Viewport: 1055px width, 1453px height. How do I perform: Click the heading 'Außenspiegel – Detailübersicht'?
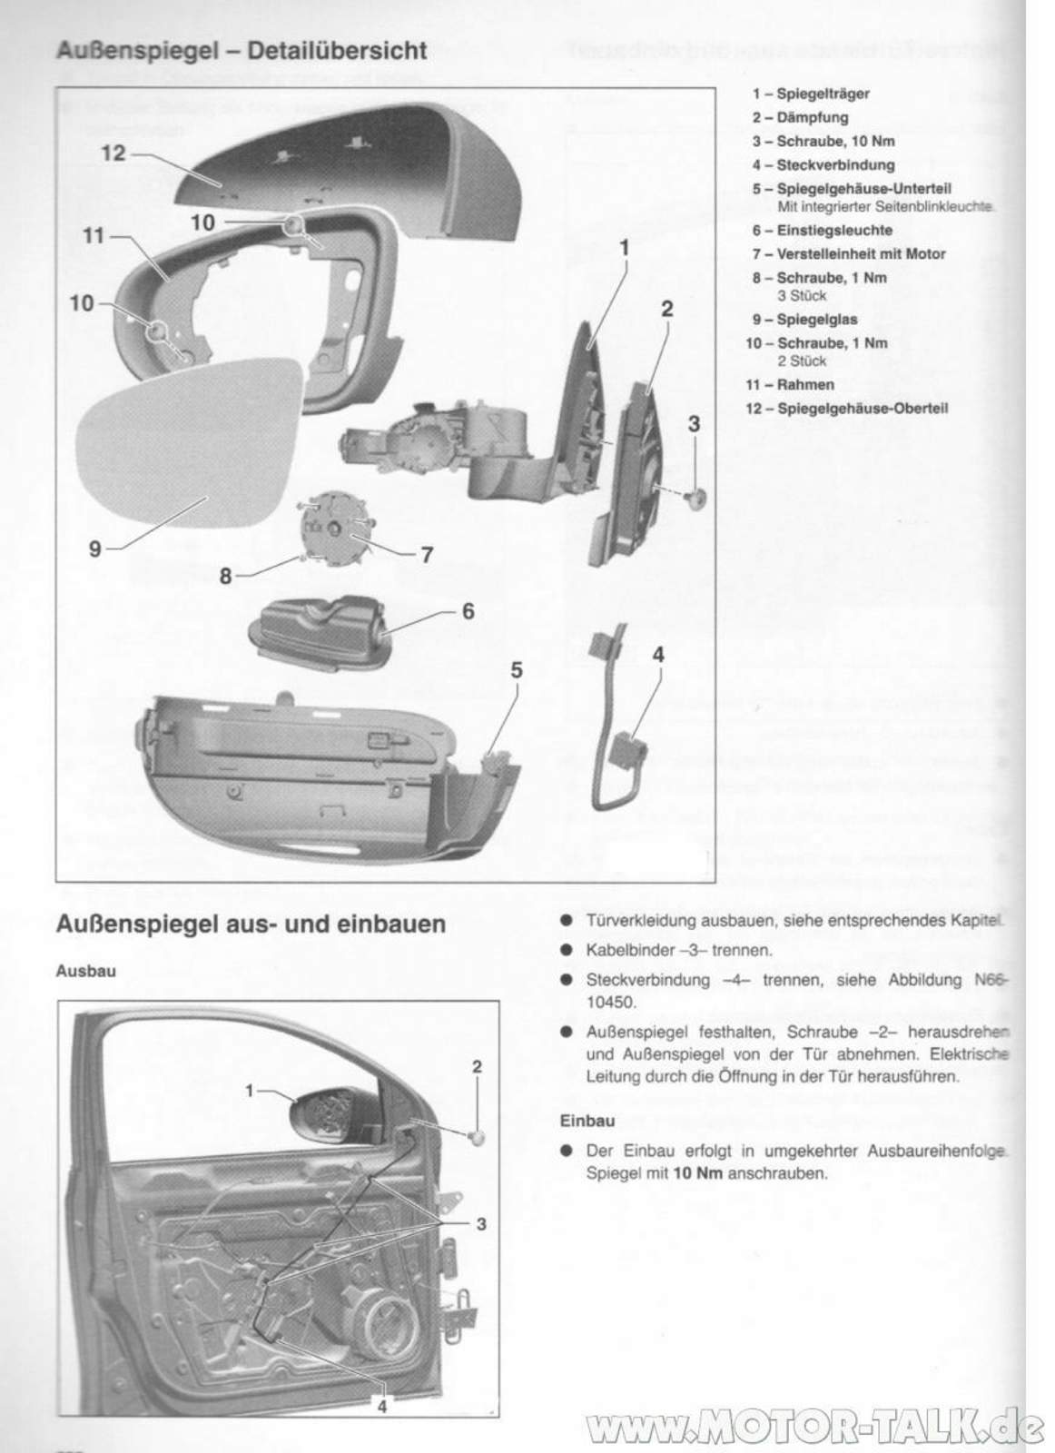(241, 51)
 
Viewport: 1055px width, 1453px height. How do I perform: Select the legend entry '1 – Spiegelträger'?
(810, 94)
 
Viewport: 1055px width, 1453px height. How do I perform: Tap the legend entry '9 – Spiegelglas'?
(804, 319)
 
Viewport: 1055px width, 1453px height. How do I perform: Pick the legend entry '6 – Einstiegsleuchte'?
(822, 231)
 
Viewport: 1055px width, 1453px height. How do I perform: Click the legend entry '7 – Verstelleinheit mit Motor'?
(848, 254)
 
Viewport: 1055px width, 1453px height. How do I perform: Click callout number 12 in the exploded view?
(113, 153)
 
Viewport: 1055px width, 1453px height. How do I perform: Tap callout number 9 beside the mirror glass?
(94, 549)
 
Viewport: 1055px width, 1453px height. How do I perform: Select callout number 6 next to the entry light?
(468, 611)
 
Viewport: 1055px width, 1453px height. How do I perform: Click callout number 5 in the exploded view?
(516, 670)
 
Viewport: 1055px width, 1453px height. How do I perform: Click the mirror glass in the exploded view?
(191, 454)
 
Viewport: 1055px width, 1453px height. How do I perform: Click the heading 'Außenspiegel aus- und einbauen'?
(251, 924)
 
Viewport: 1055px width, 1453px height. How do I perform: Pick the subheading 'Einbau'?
(587, 1121)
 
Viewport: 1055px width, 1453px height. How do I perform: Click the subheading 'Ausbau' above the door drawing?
(85, 971)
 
